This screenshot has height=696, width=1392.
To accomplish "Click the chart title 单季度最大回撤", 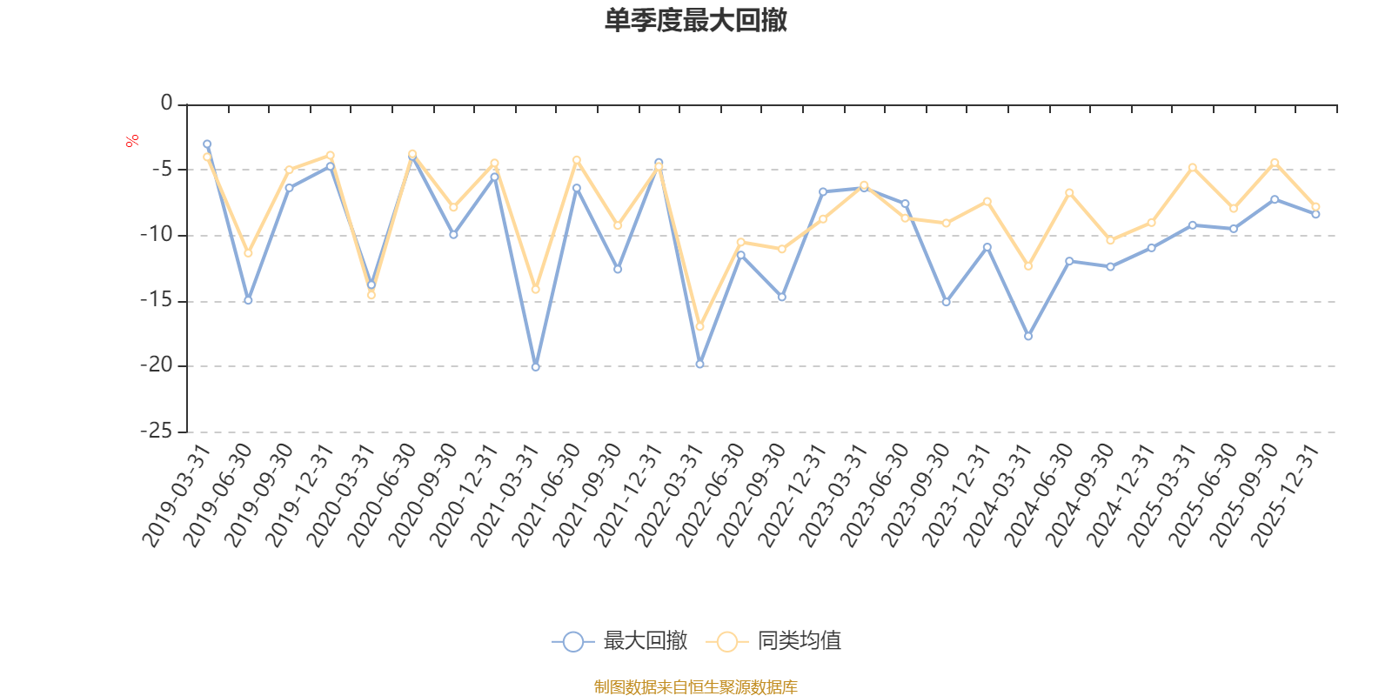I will (x=696, y=21).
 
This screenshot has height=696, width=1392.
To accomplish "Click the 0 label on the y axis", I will (x=166, y=104).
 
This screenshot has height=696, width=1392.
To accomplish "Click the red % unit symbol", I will (x=132, y=141).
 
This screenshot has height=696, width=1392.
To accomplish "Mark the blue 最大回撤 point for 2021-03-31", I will (x=536, y=367).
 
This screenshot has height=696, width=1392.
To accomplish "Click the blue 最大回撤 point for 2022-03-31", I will (x=699, y=364).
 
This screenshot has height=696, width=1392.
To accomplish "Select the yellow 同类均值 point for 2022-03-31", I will (x=699, y=326).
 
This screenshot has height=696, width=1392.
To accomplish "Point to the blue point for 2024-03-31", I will (x=1028, y=336).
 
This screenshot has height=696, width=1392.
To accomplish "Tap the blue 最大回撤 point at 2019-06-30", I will (x=248, y=300).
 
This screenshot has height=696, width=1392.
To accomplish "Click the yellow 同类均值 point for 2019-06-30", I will (x=248, y=253).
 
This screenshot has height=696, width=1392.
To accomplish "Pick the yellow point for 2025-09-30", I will (x=1275, y=163).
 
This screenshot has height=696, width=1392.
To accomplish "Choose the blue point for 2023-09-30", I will (x=946, y=302).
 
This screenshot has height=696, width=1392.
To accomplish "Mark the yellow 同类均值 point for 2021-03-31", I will (x=536, y=290).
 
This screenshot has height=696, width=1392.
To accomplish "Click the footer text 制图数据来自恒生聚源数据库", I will (x=696, y=687).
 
